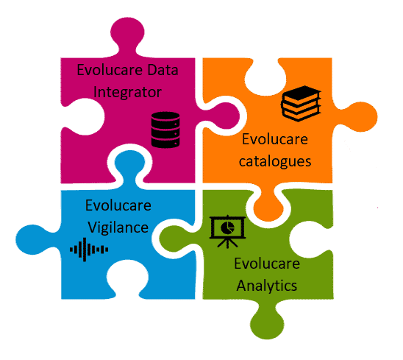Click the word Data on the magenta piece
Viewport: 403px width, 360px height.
(163, 70)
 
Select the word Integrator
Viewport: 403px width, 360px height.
(127, 92)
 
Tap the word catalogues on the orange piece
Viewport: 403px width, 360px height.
(275, 162)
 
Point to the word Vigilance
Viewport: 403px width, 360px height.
(118, 227)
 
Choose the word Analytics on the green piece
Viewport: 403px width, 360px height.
(267, 286)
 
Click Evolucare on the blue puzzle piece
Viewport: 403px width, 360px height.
(118, 205)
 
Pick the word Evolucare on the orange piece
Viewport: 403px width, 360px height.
(275, 139)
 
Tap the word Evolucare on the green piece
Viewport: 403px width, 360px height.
(267, 264)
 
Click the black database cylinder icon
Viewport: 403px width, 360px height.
(165, 130)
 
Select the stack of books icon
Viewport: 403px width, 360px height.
(301, 104)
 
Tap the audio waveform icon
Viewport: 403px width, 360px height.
(89, 250)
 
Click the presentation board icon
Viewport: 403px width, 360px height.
(227, 232)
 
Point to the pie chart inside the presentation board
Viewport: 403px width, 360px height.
(227, 227)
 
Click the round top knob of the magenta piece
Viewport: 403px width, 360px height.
(127, 33)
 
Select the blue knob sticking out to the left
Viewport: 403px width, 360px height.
(32, 239)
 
